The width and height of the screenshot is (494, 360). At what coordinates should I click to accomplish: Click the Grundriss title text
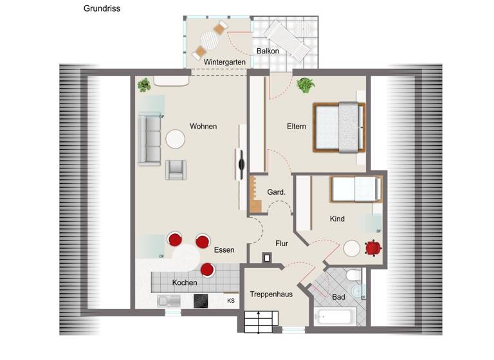102,9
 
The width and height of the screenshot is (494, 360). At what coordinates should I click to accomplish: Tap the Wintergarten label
225,62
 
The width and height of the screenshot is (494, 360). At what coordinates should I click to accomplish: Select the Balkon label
268,50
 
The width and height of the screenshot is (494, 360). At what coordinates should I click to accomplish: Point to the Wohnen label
203,126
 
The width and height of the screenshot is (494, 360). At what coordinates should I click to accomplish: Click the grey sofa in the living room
149,139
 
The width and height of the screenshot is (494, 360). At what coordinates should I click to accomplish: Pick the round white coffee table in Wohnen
176,138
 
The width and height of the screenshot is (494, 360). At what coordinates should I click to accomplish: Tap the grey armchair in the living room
176,170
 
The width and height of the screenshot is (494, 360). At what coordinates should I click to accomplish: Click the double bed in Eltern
339,127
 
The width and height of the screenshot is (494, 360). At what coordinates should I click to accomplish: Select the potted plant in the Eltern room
305,84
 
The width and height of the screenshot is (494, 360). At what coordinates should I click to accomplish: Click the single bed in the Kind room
354,189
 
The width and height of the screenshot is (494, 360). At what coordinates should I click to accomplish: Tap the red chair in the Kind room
372,248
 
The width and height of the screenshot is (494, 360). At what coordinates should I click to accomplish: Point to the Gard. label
276,192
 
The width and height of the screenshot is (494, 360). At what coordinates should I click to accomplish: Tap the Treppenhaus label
271,294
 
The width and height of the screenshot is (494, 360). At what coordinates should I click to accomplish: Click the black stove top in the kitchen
202,300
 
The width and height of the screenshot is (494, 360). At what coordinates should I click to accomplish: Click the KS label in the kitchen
231,300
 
